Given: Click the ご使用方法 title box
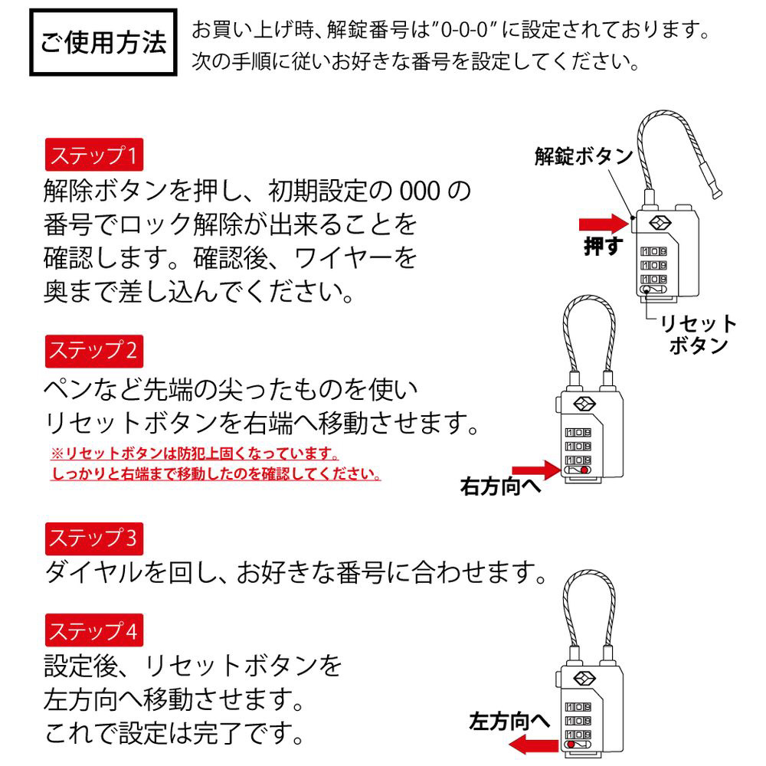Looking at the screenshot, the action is (x=103, y=42).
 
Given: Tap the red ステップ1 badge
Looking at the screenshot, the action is (x=93, y=155).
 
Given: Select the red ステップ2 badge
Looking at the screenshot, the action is (x=93, y=351).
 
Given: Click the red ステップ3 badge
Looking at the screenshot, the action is (x=93, y=538).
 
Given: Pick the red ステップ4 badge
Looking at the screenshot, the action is (x=93, y=630).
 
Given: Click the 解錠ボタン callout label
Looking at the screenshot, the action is (x=583, y=156).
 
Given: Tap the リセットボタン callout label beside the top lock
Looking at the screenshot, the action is (x=699, y=334).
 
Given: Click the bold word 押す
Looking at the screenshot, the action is (x=604, y=246).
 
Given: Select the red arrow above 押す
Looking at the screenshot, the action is (x=604, y=224).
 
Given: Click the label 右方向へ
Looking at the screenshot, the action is (x=501, y=486).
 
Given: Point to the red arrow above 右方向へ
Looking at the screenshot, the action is (x=537, y=470).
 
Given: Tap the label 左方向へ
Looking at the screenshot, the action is (x=509, y=721).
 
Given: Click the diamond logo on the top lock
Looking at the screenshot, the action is (x=660, y=223).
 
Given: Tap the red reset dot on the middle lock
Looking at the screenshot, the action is (x=584, y=470).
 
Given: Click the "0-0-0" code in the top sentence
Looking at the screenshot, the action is (x=465, y=31).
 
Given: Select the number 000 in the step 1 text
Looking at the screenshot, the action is (x=420, y=191).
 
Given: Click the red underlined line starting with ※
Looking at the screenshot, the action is (x=195, y=453).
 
